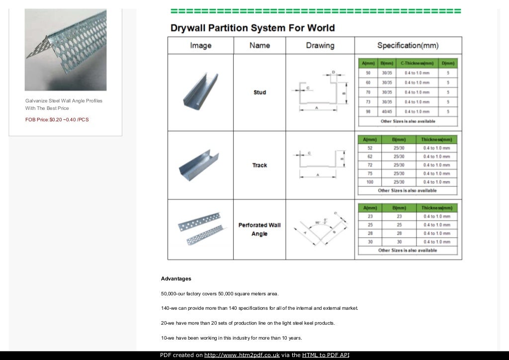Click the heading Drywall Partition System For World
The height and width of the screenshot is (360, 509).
pyautogui.click(x=253, y=28)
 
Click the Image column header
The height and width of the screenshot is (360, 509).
pyautogui.click(x=200, y=45)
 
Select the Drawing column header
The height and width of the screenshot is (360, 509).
pyautogui.click(x=320, y=45)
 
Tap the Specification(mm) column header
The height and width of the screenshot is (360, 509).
pyautogui.click(x=408, y=45)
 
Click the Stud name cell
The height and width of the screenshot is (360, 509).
pyautogui.click(x=259, y=92)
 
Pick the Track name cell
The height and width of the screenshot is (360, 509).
pyautogui.click(x=259, y=165)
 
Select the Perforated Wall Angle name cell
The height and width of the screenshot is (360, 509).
pyautogui.click(x=259, y=229)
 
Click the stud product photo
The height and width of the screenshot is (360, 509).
pyautogui.click(x=200, y=92)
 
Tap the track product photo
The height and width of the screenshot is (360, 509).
pyautogui.click(x=200, y=165)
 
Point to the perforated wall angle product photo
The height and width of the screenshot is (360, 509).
pyautogui.click(x=200, y=229)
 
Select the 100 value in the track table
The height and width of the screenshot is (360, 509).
pyautogui.click(x=369, y=182)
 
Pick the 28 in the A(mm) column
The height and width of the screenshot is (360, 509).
pyautogui.click(x=369, y=233)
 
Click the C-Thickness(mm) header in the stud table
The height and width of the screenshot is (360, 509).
pyautogui.click(x=417, y=63)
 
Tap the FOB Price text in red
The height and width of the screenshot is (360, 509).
pyautogui.click(x=57, y=119)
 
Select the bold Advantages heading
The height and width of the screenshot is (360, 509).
pyautogui.click(x=176, y=278)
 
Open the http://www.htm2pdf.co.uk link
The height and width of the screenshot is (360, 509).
pyautogui.click(x=242, y=355)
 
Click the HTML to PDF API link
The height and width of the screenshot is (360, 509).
pyautogui.click(x=326, y=355)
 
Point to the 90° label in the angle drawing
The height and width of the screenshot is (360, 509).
pyautogui.click(x=318, y=222)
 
